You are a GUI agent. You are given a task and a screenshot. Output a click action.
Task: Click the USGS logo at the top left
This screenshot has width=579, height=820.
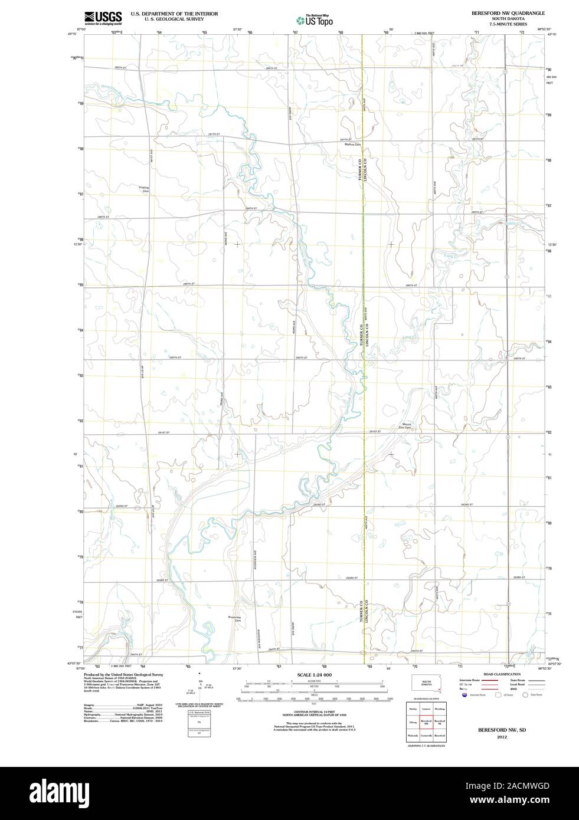[x=103, y=17]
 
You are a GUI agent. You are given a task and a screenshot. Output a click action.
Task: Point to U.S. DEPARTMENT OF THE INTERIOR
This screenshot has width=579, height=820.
[x=174, y=13]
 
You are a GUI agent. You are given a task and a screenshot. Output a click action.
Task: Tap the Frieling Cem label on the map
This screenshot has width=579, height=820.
[x=144, y=189]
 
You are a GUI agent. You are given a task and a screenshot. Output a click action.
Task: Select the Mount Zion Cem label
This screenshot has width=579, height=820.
[x=407, y=425]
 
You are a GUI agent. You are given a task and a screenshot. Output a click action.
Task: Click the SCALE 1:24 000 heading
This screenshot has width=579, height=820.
[x=315, y=674]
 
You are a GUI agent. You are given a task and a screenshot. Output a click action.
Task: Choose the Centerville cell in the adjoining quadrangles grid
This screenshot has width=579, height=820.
[x=426, y=736]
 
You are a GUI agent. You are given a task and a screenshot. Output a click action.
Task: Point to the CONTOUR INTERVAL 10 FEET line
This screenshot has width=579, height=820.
[x=314, y=713]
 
